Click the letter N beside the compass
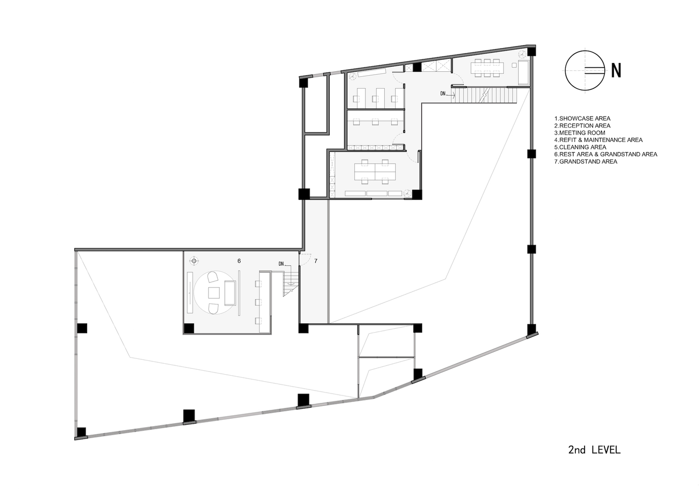tap(616, 71)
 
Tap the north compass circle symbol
tap(585, 71)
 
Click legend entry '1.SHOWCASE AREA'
tap(582, 118)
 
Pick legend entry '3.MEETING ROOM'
tap(580, 133)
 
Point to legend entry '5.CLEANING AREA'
tap(580, 147)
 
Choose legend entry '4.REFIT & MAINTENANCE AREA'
tap(599, 140)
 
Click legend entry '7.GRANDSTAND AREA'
tap(586, 161)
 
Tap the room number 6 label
tap(239, 261)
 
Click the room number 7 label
tap(316, 261)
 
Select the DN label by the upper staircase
tap(443, 94)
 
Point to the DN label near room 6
tap(281, 264)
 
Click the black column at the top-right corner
tap(531, 51)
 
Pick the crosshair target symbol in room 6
tap(194, 261)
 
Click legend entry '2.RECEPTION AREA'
tap(582, 126)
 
